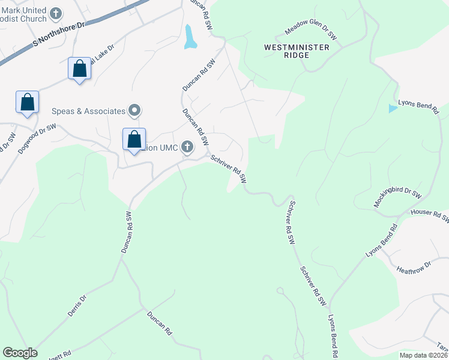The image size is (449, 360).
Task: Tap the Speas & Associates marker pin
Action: click(135, 110)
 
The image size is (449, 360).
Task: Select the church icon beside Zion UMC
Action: click(188, 146)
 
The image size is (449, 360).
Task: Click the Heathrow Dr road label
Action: click(414, 266)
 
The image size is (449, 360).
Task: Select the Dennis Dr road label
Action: click(77, 305)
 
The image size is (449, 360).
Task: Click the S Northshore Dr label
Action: click(61, 35)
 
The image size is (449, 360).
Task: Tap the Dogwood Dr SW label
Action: click(37, 139)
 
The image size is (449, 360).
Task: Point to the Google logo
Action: click(20, 353)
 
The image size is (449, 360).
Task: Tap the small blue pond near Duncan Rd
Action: click(190, 37)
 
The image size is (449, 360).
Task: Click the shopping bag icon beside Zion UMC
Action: click(134, 139)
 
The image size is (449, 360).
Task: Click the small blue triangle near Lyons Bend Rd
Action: click(393, 109)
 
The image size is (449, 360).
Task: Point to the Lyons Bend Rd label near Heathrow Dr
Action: click(382, 242)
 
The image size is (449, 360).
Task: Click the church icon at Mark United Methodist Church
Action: click(56, 13)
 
